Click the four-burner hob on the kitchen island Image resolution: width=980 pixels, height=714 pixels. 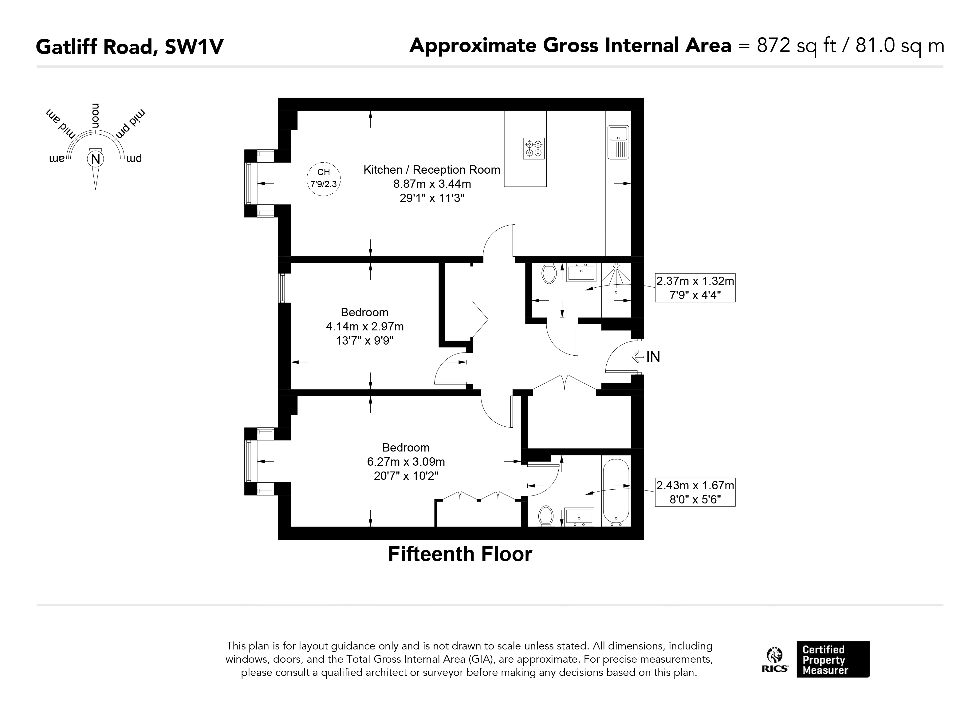coord(534,148)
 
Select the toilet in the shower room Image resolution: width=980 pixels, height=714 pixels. coord(549,273)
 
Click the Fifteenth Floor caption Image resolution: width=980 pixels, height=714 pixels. coord(460,554)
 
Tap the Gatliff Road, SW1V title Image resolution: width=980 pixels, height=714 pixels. coord(130,47)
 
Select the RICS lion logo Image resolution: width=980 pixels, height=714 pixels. coord(774,659)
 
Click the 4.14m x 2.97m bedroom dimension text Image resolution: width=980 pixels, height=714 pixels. coord(365,326)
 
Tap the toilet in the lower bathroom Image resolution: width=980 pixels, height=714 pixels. coord(546,516)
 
